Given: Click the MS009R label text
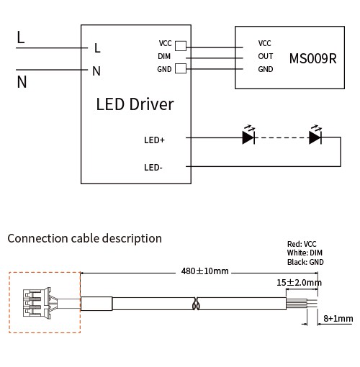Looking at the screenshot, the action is click(x=313, y=58).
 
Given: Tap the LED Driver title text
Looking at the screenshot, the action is click(x=135, y=104).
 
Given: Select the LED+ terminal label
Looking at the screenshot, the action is click(x=154, y=140).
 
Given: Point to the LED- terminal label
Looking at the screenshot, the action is click(x=153, y=168).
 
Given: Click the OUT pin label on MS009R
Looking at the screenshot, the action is click(x=266, y=56).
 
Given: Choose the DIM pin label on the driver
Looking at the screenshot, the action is click(x=164, y=56).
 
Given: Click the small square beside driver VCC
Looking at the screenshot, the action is click(x=181, y=46).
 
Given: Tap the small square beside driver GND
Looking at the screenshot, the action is click(x=181, y=68).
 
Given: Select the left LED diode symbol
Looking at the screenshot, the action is click(x=248, y=135).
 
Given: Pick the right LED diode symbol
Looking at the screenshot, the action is click(x=315, y=135).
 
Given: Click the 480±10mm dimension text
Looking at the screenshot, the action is click(x=204, y=271).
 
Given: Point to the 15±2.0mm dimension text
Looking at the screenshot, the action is click(x=299, y=283).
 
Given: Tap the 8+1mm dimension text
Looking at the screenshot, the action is click(x=338, y=319).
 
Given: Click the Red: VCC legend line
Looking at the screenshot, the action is click(x=302, y=244).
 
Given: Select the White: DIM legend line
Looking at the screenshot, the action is click(x=305, y=253).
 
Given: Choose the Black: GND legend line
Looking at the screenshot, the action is click(x=305, y=262).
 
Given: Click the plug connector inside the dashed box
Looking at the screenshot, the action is click(x=37, y=303).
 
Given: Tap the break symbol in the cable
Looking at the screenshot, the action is click(x=197, y=304).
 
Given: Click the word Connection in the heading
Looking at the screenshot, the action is click(x=38, y=238).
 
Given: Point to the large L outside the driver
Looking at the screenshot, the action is click(x=21, y=37).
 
